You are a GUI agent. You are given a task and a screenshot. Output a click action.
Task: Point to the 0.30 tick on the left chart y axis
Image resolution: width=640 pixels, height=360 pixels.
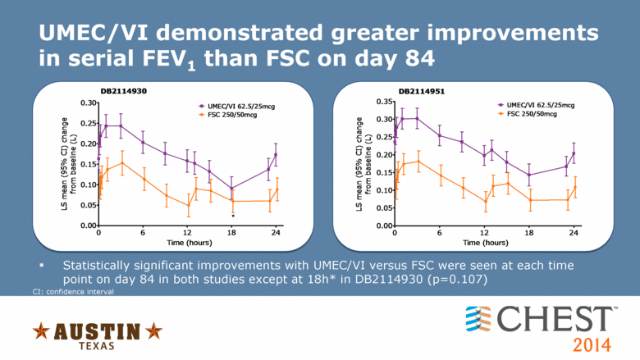click(86, 103)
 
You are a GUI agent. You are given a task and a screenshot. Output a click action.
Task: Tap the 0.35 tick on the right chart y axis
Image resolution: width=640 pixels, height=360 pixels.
click(383, 102)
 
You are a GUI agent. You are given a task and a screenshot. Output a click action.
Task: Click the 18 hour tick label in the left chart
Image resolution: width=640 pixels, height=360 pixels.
click(232, 233)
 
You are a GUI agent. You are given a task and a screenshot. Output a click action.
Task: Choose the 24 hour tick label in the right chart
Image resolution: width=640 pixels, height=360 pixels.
click(574, 233)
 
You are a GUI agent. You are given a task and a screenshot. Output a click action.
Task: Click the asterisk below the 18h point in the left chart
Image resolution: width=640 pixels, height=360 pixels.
click(233, 216)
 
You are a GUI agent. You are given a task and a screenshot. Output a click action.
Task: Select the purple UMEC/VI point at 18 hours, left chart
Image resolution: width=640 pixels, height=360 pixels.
click(232, 188)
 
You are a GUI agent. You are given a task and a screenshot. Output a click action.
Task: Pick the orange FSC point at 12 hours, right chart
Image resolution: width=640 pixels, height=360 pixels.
click(484, 201)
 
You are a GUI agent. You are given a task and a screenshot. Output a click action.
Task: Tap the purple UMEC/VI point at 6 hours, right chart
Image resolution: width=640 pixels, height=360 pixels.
click(440, 135)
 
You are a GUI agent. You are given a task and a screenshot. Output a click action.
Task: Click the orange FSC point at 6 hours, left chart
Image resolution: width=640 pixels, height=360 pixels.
click(143, 179)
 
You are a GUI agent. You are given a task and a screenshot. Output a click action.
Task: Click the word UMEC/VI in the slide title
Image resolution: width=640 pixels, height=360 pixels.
click(98, 34)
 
